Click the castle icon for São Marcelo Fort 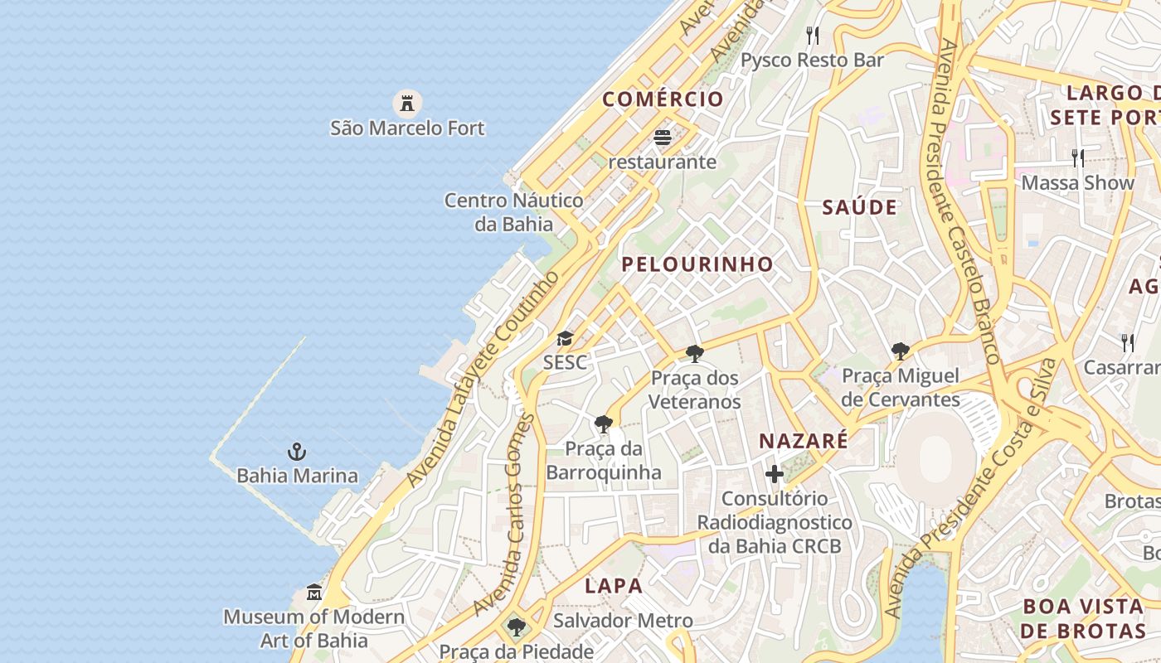[x=406, y=103]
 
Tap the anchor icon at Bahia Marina [x=297, y=452]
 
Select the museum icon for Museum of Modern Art [x=314, y=593]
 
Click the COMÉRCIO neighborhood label [x=663, y=99]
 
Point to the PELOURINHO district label [x=697, y=264]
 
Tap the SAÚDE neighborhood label [x=859, y=207]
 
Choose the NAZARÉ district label [x=804, y=441]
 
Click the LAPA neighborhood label [x=614, y=586]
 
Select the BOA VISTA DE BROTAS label [x=1084, y=618]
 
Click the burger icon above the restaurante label [x=662, y=137]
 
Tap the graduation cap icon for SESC [x=565, y=338]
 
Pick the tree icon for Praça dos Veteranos [x=695, y=354]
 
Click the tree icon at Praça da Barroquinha [x=604, y=424]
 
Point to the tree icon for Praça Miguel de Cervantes [x=901, y=351]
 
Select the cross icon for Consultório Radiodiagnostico [x=775, y=474]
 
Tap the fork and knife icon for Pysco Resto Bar [x=813, y=36]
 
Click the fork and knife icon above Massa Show [x=1077, y=157]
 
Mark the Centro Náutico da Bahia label [x=514, y=211]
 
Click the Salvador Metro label [x=623, y=620]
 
